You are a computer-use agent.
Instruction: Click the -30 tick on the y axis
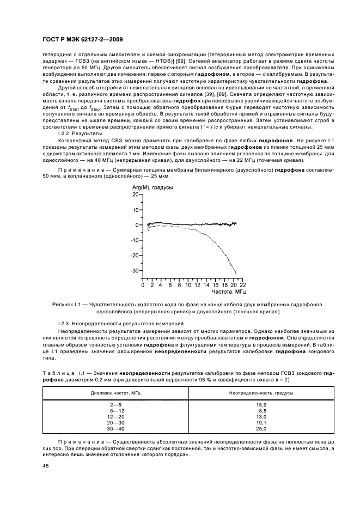(x=135, y=271)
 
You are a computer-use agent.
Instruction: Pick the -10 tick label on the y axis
(x=135, y=240)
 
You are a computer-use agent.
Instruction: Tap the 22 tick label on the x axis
(x=242, y=285)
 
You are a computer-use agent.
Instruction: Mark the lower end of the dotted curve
(x=236, y=273)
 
